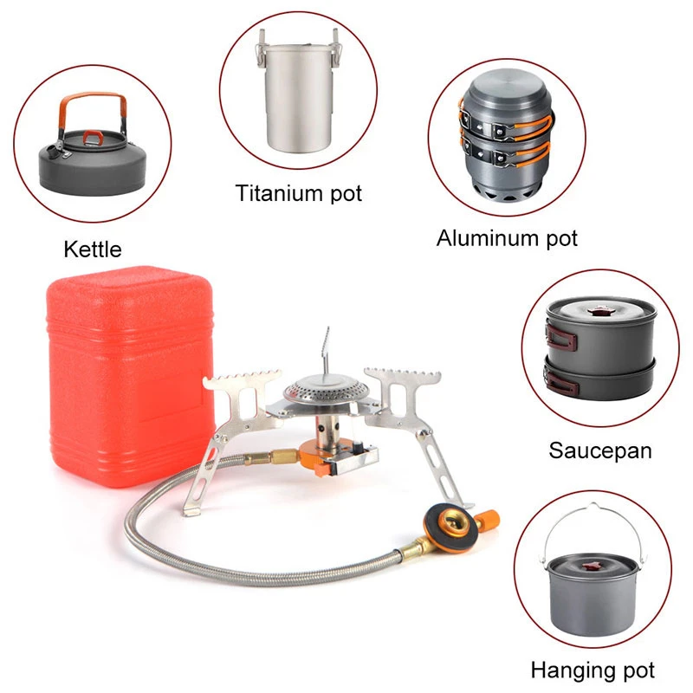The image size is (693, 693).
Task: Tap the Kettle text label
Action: coord(93,250)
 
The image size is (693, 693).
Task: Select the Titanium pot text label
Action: coord(299,192)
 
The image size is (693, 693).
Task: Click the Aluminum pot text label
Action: coord(507,237)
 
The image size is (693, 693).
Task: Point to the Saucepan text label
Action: coord(599,450)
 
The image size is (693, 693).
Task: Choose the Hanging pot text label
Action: coord(593,670)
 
